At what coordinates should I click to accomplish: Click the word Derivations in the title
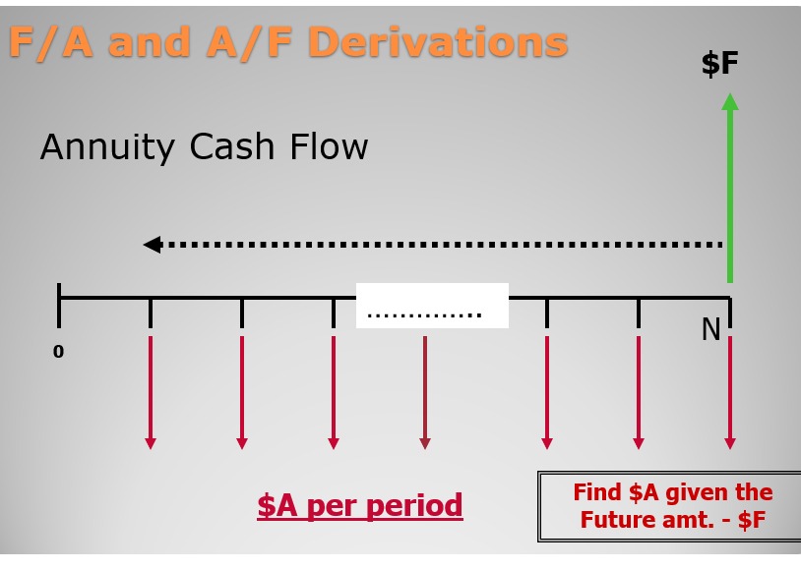pos(438,42)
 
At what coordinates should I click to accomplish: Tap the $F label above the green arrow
pos(719,63)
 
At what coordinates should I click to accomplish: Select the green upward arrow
pos(730,188)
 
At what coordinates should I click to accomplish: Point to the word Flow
pos(329,146)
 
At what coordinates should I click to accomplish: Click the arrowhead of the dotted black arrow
pos(153,245)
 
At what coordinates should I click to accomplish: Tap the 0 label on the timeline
pos(58,351)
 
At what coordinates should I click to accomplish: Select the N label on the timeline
pos(711,329)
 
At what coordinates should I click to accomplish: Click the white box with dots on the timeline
pos(432,306)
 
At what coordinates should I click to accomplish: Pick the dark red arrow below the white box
pos(424,392)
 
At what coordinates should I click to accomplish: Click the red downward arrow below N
pos(730,392)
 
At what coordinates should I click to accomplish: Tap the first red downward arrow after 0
pos(151,392)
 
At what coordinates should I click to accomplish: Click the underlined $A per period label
pos(360,506)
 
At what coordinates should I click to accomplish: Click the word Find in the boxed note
pos(597,492)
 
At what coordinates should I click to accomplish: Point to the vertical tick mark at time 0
pos(59,306)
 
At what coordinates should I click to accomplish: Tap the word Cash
pos(232,146)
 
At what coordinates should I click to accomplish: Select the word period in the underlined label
pos(414,506)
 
